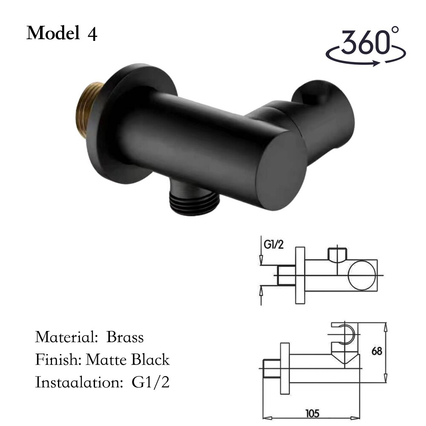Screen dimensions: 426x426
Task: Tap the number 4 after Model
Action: (92, 34)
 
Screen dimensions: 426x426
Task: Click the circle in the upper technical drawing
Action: (362, 275)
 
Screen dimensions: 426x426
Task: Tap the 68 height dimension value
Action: (377, 351)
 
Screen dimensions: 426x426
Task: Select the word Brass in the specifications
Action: (125, 337)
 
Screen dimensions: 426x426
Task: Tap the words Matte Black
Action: (127, 360)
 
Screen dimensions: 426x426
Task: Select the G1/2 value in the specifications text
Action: (150, 382)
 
